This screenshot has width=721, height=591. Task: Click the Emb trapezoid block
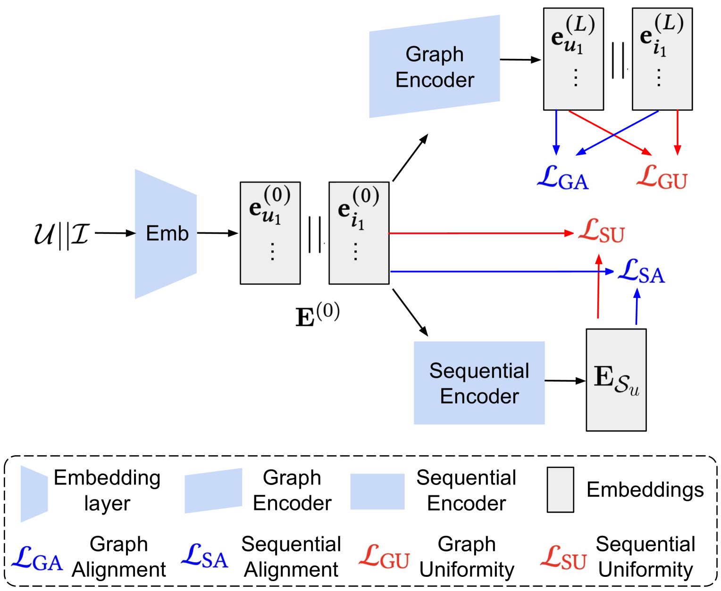tap(166, 234)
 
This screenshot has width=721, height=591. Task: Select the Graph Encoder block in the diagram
tap(434, 67)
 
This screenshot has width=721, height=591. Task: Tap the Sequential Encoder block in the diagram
tap(479, 383)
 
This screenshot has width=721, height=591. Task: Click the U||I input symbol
tap(61, 234)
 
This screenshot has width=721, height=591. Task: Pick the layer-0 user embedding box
tap(270, 233)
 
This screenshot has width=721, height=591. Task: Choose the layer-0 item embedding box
tap(359, 233)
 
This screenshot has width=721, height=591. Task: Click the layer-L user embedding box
tap(573, 59)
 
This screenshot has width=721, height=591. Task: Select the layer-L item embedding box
tap(662, 59)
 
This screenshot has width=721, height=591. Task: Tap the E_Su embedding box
tap(616, 380)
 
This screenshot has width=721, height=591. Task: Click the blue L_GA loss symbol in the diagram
tap(563, 179)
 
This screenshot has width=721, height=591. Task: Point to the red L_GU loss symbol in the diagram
tap(662, 178)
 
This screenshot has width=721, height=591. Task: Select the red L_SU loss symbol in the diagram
tap(602, 231)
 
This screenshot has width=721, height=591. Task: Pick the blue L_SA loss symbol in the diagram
tap(641, 272)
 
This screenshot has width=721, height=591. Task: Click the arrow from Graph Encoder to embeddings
tap(520, 60)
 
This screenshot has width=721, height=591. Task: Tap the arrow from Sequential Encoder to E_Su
tap(565, 381)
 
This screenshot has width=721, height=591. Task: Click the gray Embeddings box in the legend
tap(560, 490)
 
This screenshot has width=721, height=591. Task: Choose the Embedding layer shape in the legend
tap(34, 493)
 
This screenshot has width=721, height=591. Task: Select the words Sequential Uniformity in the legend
tap(646, 557)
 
